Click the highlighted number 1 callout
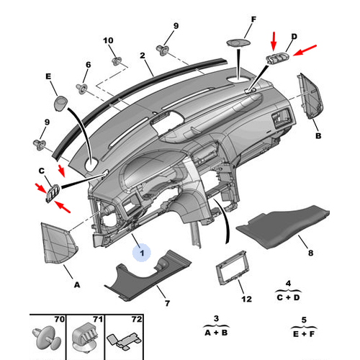[142, 253]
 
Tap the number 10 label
[108, 40]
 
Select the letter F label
[253, 19]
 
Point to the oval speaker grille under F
[238, 42]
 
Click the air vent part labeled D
[277, 59]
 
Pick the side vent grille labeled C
[53, 193]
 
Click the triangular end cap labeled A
[59, 243]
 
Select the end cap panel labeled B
[310, 96]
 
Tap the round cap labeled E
[60, 104]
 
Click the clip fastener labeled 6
[82, 89]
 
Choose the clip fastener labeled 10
[117, 61]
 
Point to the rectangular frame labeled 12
[231, 268]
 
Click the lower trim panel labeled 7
[148, 276]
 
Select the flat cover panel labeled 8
[283, 226]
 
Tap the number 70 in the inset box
[60, 319]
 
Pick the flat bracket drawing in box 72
[124, 341]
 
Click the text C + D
[288, 297]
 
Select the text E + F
[304, 334]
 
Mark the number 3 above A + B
[216, 318]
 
